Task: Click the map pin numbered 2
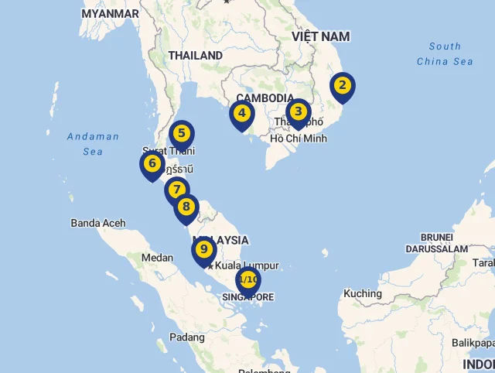(342, 86)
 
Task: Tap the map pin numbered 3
(298, 112)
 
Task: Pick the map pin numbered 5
(182, 134)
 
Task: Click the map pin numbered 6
(152, 165)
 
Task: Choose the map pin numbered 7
(177, 190)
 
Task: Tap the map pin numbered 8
(186, 207)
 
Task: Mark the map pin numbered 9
(203, 250)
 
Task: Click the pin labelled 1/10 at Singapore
(248, 280)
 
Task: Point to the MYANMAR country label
(110, 14)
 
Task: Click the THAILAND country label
(196, 56)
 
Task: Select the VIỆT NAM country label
(320, 36)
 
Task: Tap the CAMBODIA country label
(265, 98)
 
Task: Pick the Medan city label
(158, 258)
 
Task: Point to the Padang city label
(187, 337)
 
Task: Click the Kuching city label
(363, 293)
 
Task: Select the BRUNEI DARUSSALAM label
(436, 243)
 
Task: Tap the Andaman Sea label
(93, 144)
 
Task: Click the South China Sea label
(445, 53)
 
